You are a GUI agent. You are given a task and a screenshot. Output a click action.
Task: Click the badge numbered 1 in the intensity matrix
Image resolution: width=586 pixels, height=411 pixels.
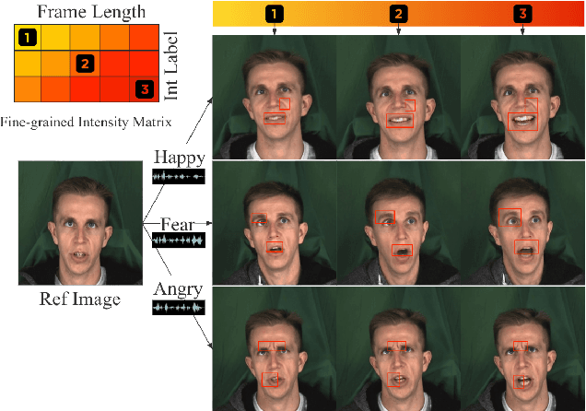click(29, 37)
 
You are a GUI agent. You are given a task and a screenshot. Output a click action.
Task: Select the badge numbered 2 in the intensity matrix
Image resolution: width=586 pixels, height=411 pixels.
click(85, 64)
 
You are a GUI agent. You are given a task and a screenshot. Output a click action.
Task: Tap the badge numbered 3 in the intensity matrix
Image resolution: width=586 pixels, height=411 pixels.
click(143, 89)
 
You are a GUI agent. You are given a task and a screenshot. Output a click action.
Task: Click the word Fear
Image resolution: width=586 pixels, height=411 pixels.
click(177, 224)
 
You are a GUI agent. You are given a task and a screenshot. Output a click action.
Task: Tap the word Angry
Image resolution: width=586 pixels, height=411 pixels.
click(178, 290)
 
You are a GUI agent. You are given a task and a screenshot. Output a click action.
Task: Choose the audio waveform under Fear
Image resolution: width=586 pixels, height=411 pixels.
click(177, 241)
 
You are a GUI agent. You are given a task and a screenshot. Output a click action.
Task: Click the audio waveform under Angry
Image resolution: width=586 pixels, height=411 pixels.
click(178, 307)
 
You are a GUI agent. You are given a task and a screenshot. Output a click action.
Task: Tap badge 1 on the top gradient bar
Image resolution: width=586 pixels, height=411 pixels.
click(274, 14)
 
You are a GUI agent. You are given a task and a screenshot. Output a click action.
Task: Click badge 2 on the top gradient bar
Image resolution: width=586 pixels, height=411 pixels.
click(398, 14)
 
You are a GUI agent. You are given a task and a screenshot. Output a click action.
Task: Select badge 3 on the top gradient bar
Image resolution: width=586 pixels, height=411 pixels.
click(522, 14)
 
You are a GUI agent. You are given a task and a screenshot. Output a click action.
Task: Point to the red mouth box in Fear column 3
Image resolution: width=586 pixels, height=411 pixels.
click(526, 246)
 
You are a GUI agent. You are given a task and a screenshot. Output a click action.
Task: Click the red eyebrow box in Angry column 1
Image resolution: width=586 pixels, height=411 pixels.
click(274, 346)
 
